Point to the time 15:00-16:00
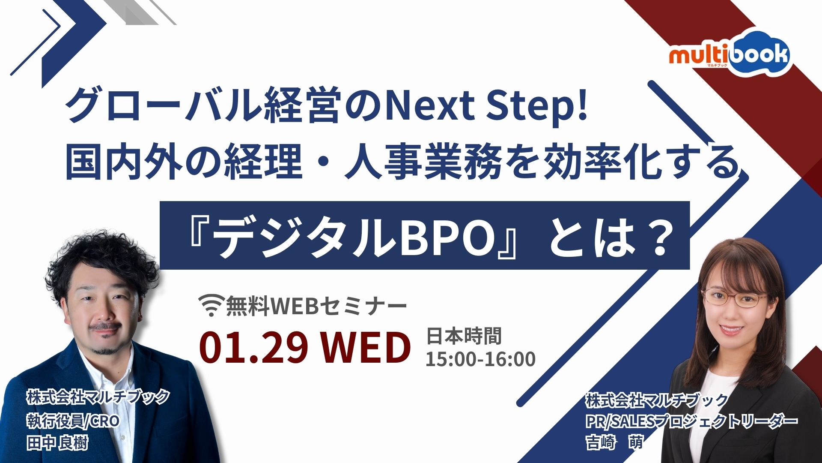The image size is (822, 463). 480,359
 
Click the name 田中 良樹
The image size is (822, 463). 57,442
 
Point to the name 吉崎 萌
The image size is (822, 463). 615,442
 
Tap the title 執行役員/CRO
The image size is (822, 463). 73,421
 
